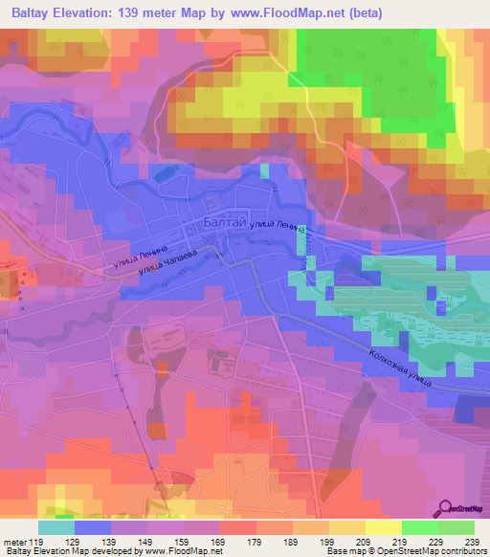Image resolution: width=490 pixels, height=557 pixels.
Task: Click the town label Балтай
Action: (x=226, y=222)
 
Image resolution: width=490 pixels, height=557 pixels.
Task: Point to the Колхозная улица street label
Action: (x=399, y=368)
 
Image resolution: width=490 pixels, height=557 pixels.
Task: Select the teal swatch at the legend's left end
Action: (x=56, y=527)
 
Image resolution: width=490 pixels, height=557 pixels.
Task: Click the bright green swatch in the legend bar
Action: (x=420, y=527)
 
